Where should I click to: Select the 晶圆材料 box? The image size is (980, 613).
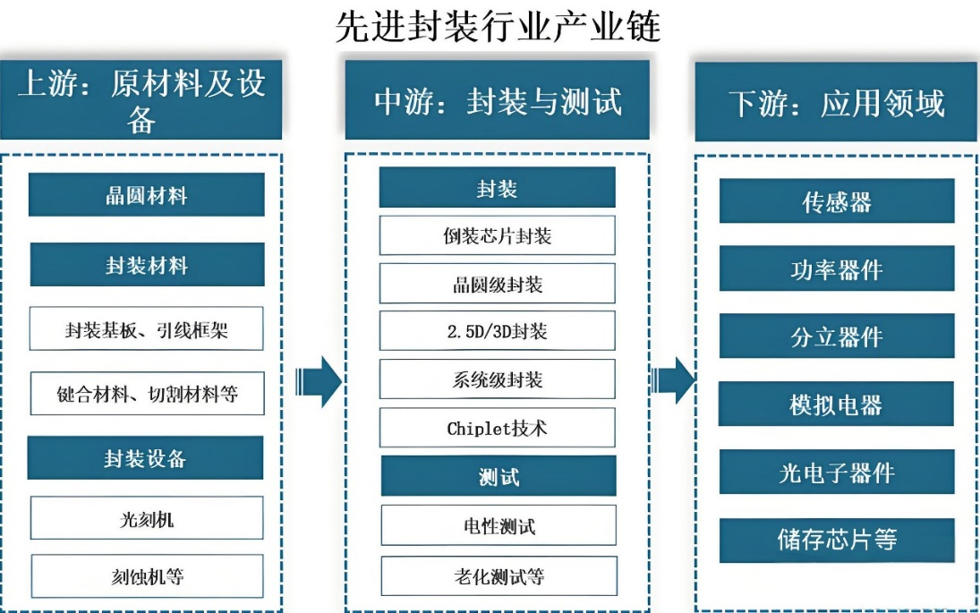pos(146,195)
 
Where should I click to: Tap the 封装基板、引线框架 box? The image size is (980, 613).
pos(146,328)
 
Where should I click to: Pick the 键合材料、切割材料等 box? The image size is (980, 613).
pos(148,394)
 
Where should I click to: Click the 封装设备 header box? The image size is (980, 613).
pos(145,458)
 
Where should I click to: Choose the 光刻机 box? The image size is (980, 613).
pos(147,518)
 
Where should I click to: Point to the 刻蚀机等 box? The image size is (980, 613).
pos(148,576)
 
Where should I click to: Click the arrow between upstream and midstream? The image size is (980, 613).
pos(318,382)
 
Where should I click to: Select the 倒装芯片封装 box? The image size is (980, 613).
pos(498,235)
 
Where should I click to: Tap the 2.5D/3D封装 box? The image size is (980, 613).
pos(498,331)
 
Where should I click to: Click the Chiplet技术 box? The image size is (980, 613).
pos(498,428)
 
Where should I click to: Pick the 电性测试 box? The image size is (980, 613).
pos(499,525)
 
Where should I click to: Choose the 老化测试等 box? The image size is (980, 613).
pos(499,576)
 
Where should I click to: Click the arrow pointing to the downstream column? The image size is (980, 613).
pos(673,380)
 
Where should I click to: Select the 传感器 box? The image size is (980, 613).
pos(837,201)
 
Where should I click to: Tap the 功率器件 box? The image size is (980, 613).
pos(837,268)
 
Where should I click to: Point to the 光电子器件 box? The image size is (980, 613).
pos(837,472)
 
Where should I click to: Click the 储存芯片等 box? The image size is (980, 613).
pos(837,541)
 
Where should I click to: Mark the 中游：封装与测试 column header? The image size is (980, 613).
pos(498,100)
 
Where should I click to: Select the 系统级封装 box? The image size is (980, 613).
pos(498,379)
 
